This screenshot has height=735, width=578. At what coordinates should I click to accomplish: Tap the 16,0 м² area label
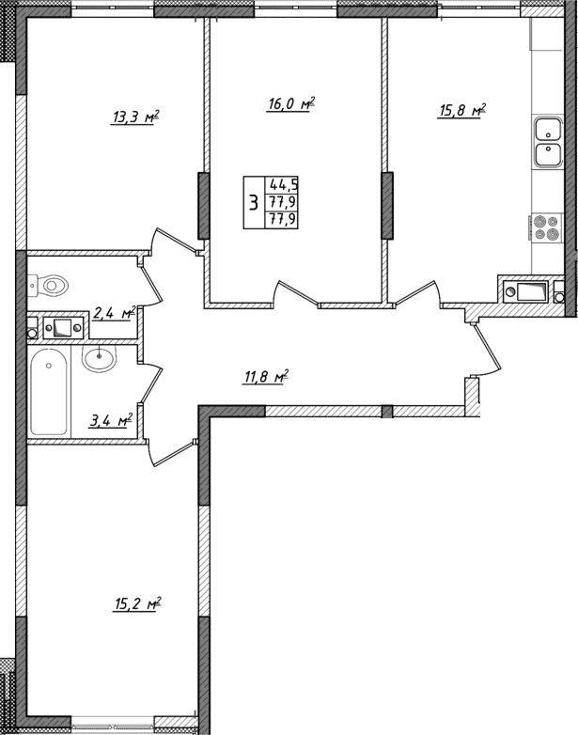coord(289,104)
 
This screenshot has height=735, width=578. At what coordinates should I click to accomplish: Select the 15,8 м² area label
coord(461,112)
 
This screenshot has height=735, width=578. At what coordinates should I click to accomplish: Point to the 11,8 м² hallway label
coord(265,378)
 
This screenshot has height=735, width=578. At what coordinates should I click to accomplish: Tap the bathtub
coord(49,392)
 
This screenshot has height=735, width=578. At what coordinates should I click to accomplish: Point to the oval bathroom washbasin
coord(99,358)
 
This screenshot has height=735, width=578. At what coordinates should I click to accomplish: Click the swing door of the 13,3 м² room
coord(173,239)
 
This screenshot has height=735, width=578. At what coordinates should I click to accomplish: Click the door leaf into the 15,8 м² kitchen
coord(414,291)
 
